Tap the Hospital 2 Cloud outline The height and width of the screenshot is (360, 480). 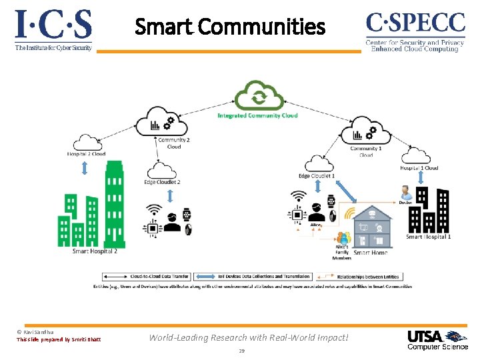pyautogui.click(x=85, y=142)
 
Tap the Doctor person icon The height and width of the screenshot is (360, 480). pyautogui.click(x=404, y=194)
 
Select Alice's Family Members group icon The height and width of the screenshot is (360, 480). pyautogui.click(x=343, y=238)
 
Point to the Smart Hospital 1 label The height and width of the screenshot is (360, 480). pyautogui.click(x=428, y=237)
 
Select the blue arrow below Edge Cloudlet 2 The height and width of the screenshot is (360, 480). pyautogui.click(x=170, y=195)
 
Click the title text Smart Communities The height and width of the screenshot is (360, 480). pyautogui.click(x=230, y=27)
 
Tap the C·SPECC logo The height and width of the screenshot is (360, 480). pyautogui.click(x=415, y=25)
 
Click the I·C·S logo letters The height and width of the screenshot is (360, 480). pyautogui.click(x=53, y=26)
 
